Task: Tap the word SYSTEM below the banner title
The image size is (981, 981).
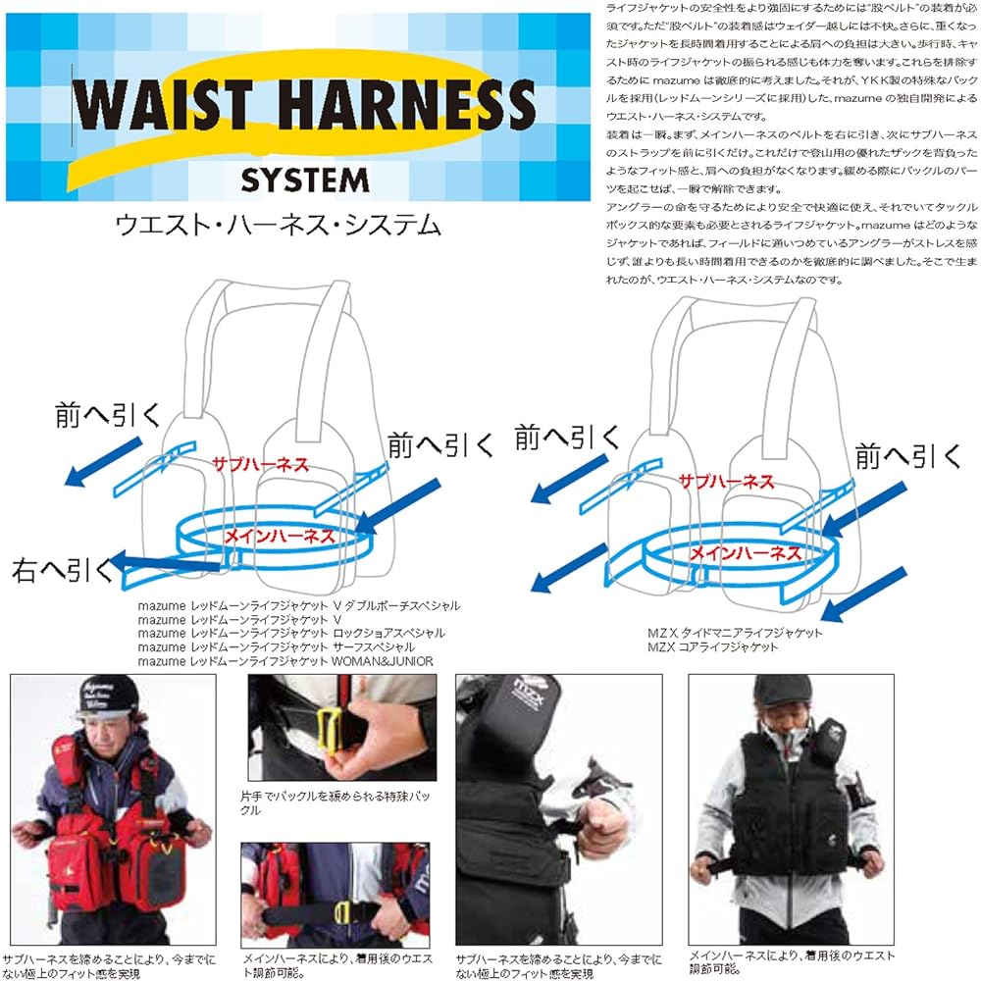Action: (304, 181)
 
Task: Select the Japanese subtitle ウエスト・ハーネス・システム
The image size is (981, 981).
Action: (278, 226)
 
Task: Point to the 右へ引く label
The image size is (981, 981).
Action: (62, 569)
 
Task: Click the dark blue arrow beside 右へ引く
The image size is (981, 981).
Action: (167, 563)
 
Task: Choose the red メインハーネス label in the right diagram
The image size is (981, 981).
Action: (745, 552)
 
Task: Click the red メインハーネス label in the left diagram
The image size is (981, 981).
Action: (280, 536)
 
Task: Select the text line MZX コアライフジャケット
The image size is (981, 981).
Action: (713, 646)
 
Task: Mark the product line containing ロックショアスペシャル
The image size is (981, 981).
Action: (291, 634)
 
